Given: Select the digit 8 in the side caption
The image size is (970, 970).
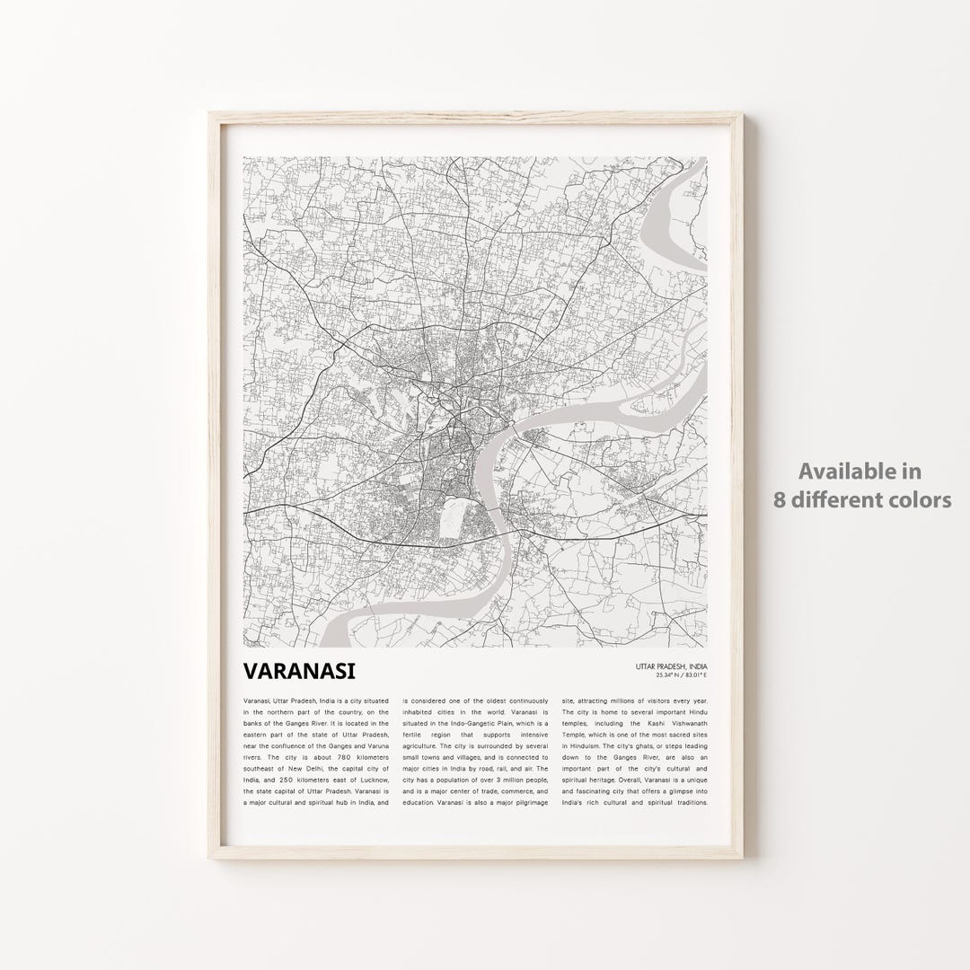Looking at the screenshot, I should (x=780, y=499).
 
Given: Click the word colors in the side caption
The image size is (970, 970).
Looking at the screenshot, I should (x=923, y=499).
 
